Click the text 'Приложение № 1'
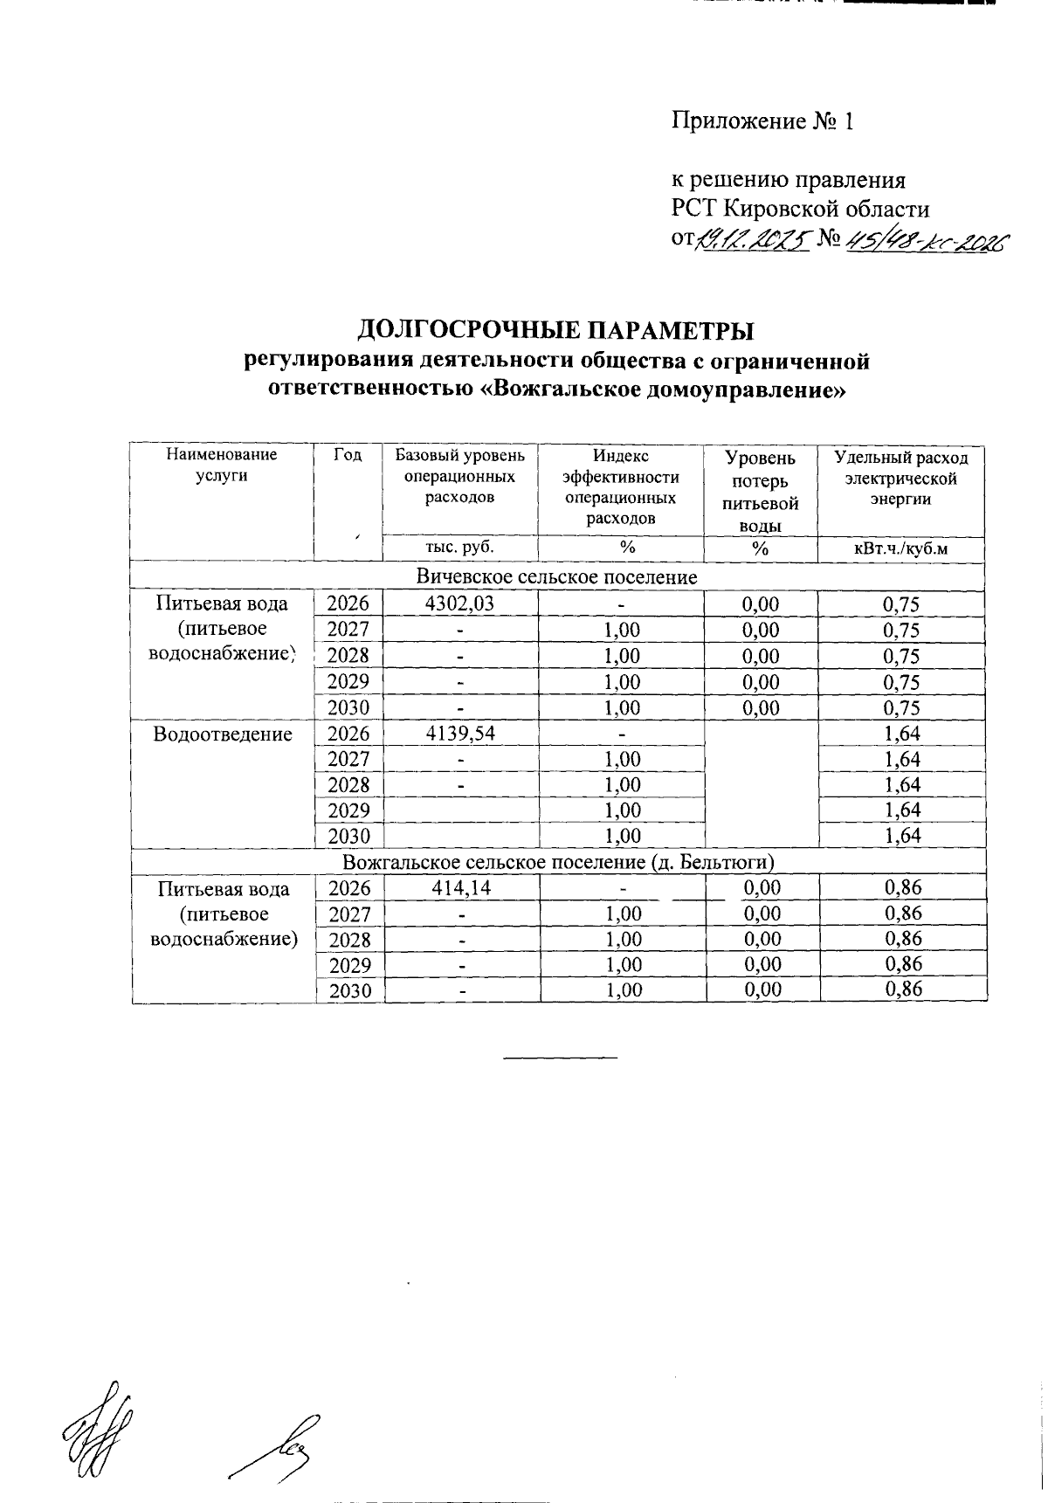click(762, 121)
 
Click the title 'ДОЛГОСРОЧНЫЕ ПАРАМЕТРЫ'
click(555, 331)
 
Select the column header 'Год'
click(348, 455)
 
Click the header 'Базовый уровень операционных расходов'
click(460, 477)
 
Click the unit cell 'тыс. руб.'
click(459, 548)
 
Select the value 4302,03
click(460, 603)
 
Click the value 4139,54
click(460, 733)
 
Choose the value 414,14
click(460, 889)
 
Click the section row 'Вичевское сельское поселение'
click(556, 577)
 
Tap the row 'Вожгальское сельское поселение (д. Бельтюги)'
click(559, 863)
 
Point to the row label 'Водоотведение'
click(222, 734)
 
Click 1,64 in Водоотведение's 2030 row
click(902, 836)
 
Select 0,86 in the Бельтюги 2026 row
click(903, 889)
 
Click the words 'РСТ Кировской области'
click(800, 210)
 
